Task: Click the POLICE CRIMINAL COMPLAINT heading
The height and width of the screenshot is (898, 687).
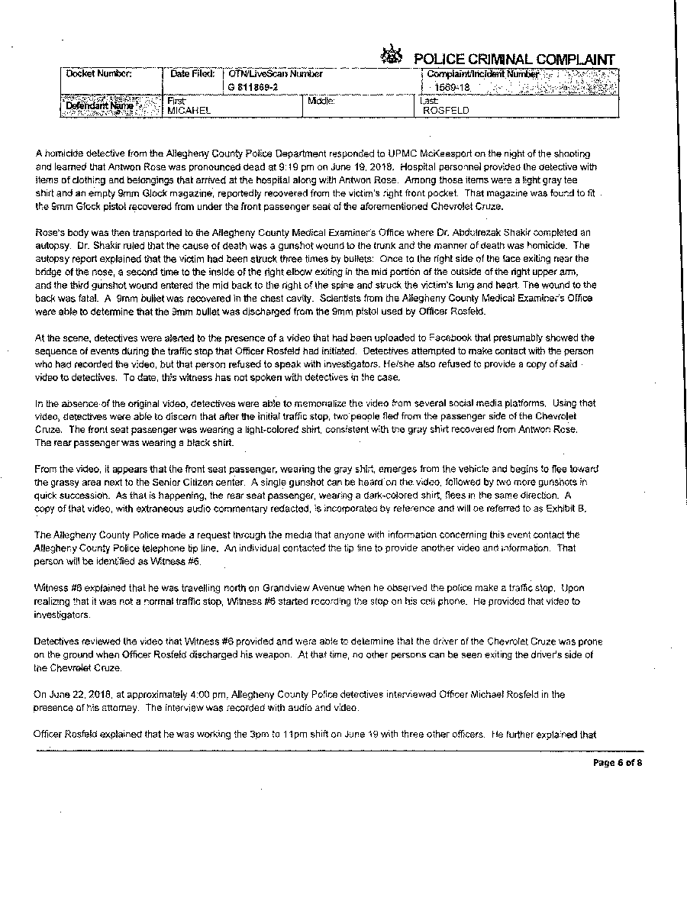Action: click(x=514, y=60)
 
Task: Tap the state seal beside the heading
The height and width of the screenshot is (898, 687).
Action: click(x=392, y=56)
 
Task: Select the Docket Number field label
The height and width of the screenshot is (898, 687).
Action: click(x=99, y=74)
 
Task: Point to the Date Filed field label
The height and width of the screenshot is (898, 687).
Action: click(x=192, y=74)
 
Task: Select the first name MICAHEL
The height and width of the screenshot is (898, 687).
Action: click(x=189, y=110)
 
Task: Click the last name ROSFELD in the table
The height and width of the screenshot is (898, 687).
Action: click(x=446, y=110)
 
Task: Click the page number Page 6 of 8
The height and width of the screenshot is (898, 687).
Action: click(x=618, y=762)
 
